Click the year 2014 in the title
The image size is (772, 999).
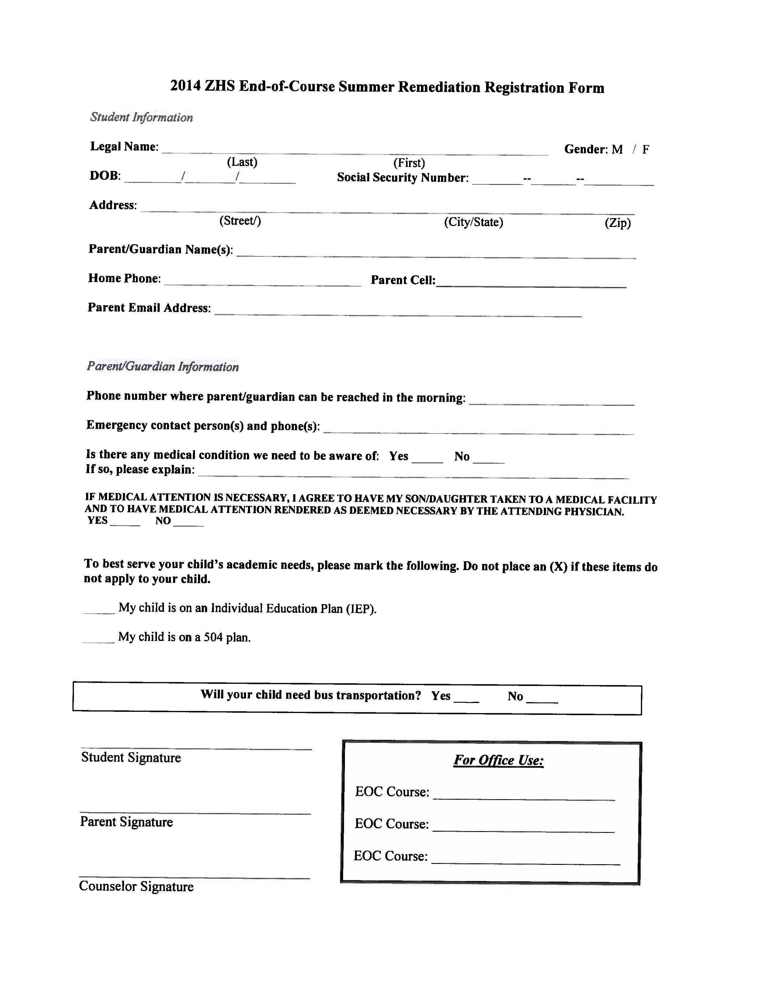pos(185,86)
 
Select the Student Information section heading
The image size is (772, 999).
pos(141,117)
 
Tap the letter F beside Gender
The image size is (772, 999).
pos(645,150)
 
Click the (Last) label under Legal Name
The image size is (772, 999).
pos(242,162)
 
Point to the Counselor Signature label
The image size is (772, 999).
pos(136,886)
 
